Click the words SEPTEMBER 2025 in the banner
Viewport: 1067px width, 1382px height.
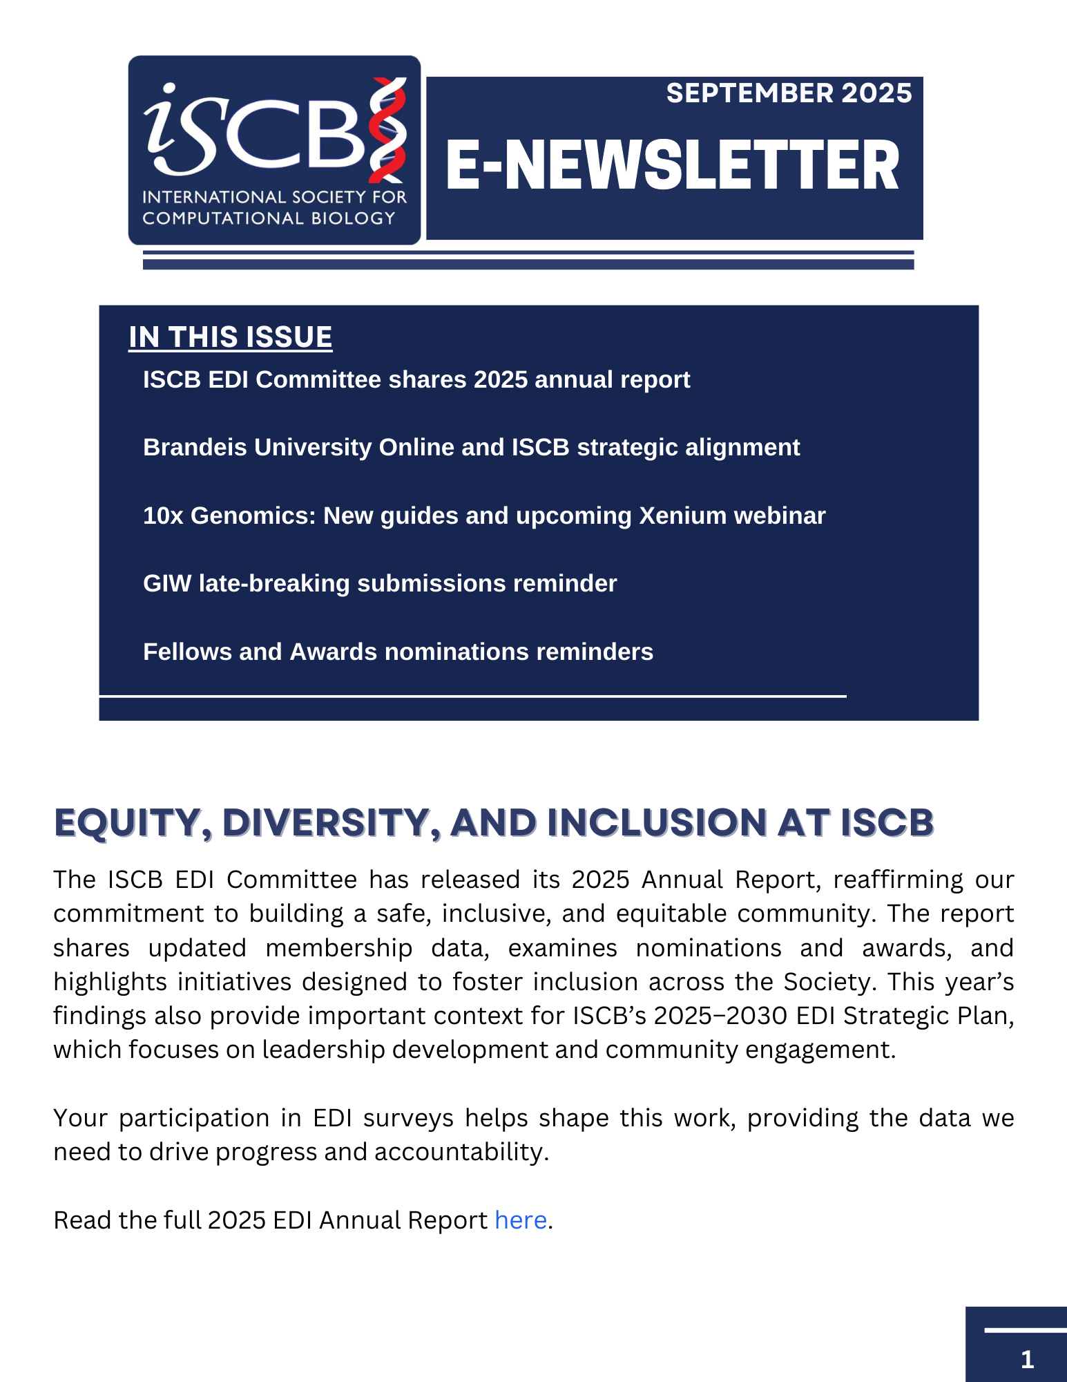[x=789, y=93]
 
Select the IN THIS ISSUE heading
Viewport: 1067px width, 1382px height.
[x=230, y=337]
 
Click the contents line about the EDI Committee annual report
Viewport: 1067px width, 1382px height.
[x=416, y=379]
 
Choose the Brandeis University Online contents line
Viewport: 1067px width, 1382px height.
[x=471, y=447]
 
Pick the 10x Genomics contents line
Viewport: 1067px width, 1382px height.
[x=483, y=515]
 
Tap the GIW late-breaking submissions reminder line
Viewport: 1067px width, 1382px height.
[x=379, y=583]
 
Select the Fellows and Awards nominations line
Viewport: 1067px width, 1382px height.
[x=398, y=652]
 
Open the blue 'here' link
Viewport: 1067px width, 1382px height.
[x=521, y=1220]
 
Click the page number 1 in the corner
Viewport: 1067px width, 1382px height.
[x=1027, y=1359]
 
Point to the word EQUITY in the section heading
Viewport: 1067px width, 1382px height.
[x=127, y=823]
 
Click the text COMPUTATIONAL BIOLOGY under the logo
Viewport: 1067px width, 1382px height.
[x=269, y=218]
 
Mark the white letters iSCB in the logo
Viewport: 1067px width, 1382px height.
[x=256, y=131]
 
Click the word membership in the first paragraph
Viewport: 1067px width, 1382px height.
[x=338, y=948]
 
